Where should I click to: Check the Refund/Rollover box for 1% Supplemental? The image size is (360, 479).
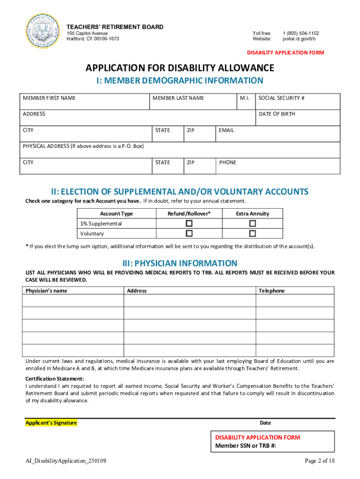pos(189,223)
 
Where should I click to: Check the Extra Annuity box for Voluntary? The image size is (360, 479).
pos(252,233)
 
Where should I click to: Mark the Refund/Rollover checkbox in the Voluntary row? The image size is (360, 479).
pos(189,233)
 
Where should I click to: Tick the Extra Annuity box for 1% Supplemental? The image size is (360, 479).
pos(252,223)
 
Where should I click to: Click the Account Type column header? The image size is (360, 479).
pos(116,214)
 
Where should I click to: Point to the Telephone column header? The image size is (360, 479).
pos(272,291)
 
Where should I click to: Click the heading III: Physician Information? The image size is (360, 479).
pos(180,263)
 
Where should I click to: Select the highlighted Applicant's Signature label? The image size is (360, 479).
pos(51,423)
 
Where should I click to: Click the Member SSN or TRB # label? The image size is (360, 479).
pos(245,446)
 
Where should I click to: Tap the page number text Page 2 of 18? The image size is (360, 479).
pos(320,461)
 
